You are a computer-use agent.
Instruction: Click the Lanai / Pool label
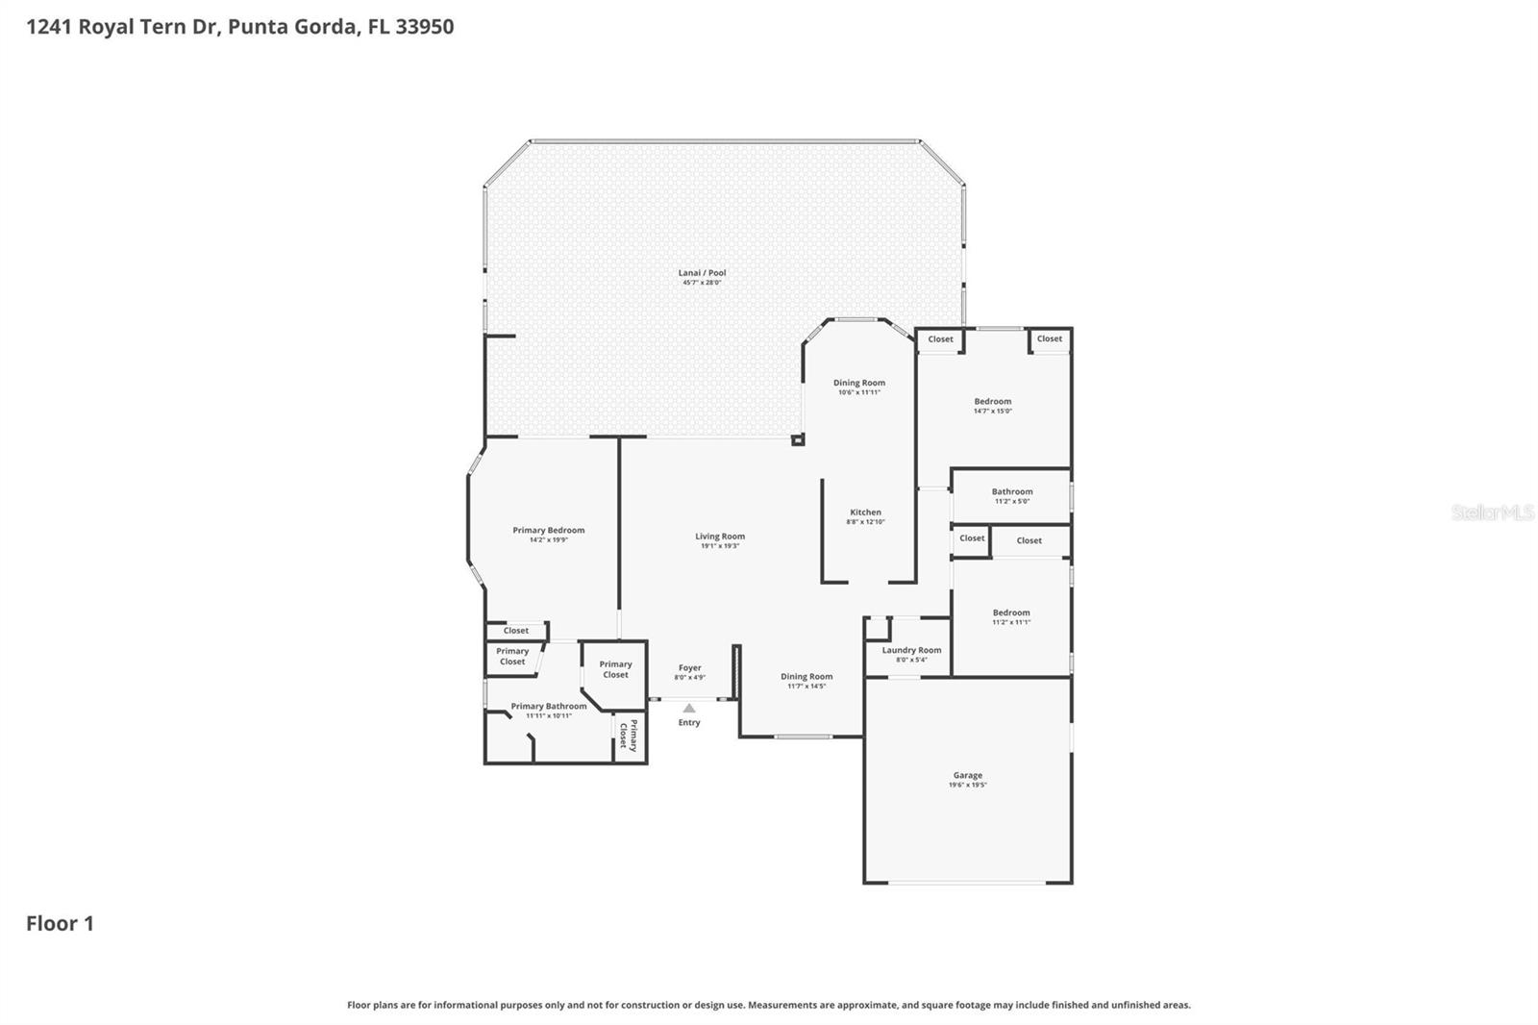pos(703,273)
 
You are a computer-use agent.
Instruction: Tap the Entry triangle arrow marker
pos(689,709)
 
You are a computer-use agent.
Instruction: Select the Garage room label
pos(967,775)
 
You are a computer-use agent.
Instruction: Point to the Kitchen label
pos(865,512)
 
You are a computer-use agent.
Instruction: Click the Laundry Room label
pos(911,650)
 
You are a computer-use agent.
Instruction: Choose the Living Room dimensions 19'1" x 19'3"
pos(719,546)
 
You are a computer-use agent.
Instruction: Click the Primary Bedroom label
pos(548,530)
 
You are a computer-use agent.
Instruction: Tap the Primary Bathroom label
pos(548,706)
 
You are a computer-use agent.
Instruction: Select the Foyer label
pos(689,667)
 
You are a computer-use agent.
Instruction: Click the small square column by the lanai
pos(797,440)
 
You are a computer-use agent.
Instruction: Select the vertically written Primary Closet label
pos(628,735)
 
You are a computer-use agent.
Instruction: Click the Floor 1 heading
pos(60,923)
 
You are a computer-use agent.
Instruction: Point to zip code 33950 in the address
pos(424,26)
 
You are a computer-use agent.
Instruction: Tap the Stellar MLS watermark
pos(1492,512)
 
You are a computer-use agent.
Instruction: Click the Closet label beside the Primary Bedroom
pos(516,631)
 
